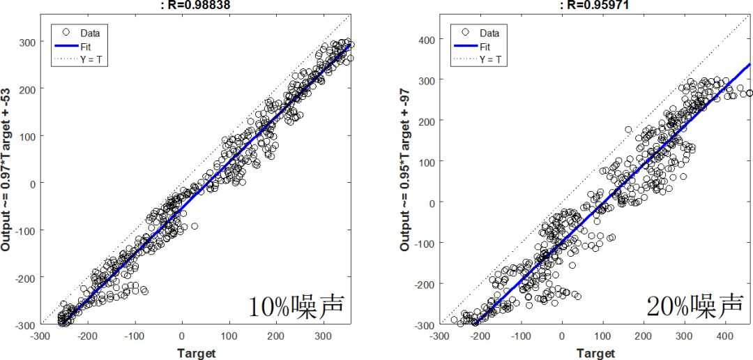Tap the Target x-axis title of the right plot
[x=597, y=353]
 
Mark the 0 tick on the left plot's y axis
[x=30, y=183]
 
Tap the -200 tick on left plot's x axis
[x=88, y=336]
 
